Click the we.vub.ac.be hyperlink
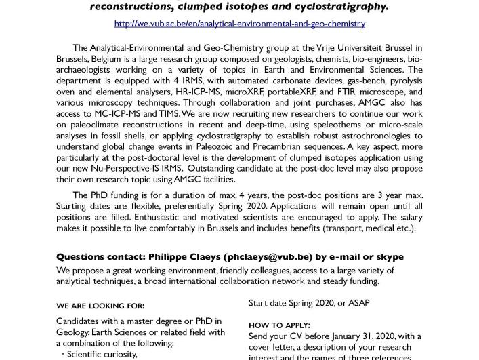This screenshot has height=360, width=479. [239, 24]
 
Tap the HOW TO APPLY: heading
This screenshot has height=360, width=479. [279, 325]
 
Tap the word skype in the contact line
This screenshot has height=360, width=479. [388, 257]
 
